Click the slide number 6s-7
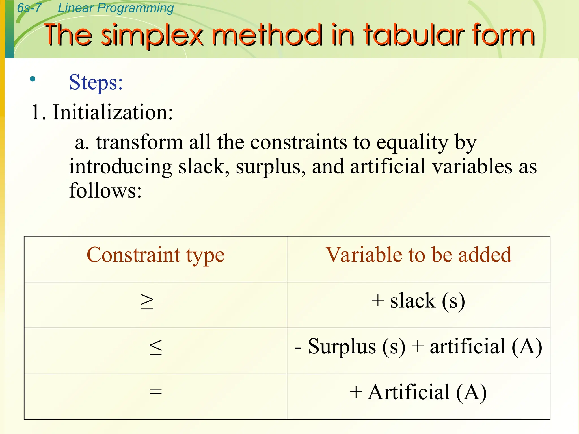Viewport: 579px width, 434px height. pos(29,8)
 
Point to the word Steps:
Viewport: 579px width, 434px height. pos(96,83)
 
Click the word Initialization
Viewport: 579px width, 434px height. pos(113,112)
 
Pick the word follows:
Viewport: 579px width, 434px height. pos(105,190)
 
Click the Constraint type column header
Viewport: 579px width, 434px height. pos(155,255)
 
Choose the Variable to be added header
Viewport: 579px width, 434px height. pos(418,255)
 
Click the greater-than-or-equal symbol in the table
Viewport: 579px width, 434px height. pos(147,302)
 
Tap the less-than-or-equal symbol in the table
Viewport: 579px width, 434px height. pos(155,348)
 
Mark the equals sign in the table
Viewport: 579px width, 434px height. pos(155,392)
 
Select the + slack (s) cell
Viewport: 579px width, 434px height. pos(418,301)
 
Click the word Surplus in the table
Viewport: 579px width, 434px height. pos(342,347)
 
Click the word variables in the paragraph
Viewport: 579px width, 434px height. pos(472,167)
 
